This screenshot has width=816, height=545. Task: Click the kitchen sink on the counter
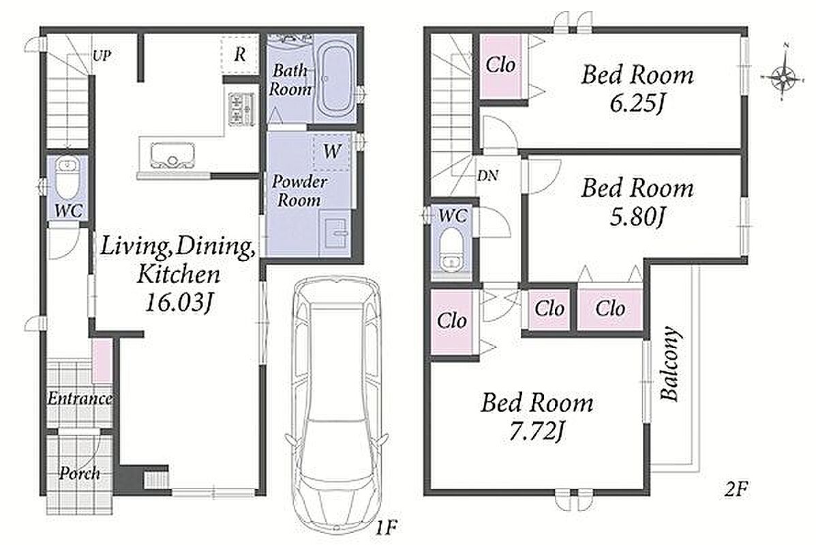172,155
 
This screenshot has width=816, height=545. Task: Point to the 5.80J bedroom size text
637,217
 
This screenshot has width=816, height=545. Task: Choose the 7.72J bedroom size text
537,432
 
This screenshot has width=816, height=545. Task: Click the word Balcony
671,363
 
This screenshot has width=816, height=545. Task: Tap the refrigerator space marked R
239,54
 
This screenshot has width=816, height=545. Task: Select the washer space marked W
331,151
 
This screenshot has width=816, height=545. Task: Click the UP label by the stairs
102,56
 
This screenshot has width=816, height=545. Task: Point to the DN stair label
487,176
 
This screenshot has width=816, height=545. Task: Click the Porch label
79,473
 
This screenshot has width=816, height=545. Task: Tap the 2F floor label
736,489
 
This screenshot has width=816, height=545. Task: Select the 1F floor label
386,529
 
